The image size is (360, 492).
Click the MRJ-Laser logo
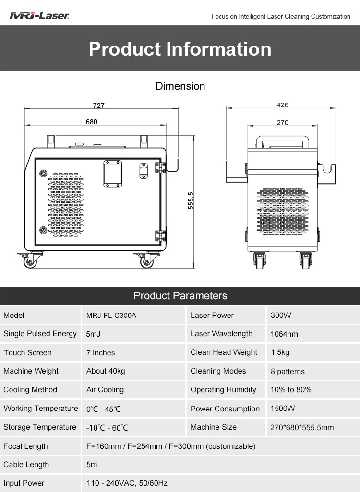39,16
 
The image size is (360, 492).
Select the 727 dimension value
98,105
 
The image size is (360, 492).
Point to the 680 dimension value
91,122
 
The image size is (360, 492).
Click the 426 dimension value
282,105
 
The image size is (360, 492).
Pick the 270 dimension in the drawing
282,123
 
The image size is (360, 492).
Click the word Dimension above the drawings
180,86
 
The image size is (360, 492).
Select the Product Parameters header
180,295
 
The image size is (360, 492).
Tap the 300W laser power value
281,316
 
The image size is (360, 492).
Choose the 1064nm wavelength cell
284,334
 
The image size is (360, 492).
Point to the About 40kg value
106,371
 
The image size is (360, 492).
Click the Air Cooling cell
105,390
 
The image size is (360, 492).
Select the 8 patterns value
288,371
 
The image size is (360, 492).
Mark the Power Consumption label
225,409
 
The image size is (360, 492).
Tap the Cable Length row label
26,464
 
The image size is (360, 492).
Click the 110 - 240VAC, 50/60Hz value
127,483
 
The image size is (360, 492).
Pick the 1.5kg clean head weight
280,352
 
